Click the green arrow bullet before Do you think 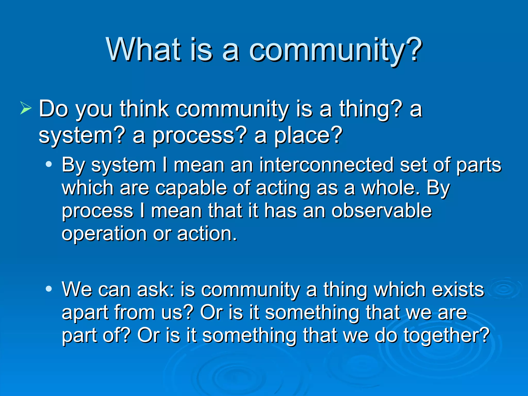26,108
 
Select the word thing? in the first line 370,109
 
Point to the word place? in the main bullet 308,136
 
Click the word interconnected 326,165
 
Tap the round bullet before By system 49,164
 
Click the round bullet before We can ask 49,289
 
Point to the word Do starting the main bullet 54,109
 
